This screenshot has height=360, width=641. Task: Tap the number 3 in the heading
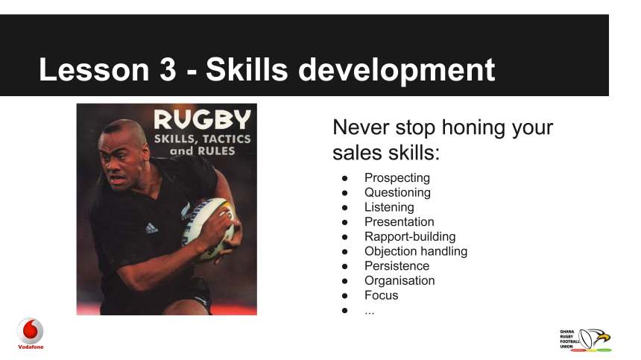click(165, 70)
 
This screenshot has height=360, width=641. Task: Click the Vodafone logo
click(31, 333)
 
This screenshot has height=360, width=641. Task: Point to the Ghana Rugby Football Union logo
click(586, 339)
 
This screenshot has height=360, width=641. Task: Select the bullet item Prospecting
click(397, 177)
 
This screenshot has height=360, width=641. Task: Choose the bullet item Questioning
click(397, 192)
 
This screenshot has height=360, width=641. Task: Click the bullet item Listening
click(388, 207)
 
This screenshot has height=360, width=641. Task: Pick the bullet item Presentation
click(399, 221)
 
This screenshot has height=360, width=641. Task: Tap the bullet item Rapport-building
click(410, 236)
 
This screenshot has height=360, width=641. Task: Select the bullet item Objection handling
click(415, 251)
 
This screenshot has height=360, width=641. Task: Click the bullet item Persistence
click(397, 265)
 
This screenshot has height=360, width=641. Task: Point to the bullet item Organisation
click(399, 280)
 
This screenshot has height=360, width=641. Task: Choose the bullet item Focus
click(381, 295)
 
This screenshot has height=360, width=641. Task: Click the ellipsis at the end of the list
click(369, 311)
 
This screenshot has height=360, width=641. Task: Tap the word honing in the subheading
click(463, 127)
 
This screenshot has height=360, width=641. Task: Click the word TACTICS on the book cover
click(226, 139)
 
